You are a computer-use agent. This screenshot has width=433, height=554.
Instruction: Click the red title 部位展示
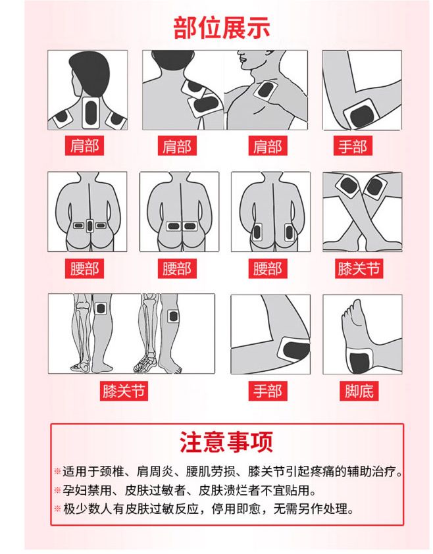point(222,28)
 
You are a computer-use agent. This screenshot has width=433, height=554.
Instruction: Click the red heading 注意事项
point(226,441)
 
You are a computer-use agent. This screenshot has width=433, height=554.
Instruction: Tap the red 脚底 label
point(359,391)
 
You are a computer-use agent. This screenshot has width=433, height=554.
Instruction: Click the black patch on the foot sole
point(359,361)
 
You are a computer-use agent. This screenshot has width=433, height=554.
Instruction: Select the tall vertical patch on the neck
point(91,113)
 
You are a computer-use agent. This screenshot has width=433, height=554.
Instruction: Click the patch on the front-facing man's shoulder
point(265,89)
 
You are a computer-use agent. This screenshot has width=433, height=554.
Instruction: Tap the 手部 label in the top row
point(353,145)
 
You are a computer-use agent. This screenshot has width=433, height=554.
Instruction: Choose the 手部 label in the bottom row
point(268,391)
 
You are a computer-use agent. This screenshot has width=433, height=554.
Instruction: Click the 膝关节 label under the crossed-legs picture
point(359,268)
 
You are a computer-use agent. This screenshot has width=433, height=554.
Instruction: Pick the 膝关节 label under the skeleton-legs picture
point(124,391)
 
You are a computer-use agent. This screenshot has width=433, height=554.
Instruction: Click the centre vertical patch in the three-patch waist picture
point(89,226)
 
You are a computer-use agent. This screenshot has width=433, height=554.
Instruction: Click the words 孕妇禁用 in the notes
point(87,490)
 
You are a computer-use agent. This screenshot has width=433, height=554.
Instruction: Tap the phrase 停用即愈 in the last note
point(236,509)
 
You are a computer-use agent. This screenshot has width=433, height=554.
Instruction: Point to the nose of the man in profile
point(240,57)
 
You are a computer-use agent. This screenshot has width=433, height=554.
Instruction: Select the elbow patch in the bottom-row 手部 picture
point(294,351)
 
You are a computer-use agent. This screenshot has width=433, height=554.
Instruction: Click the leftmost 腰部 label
point(84,268)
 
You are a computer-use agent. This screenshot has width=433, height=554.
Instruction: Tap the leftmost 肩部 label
point(84,145)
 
